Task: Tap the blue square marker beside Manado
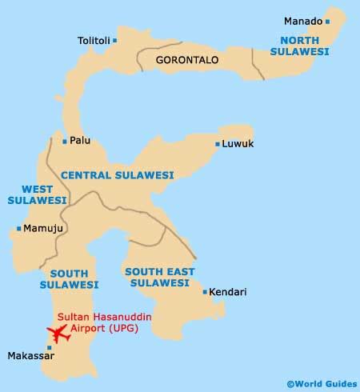click(326, 21)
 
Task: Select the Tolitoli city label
click(94, 39)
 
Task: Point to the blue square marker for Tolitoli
click(115, 39)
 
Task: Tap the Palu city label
click(80, 141)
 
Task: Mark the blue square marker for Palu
click(65, 142)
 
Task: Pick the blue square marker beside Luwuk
click(218, 144)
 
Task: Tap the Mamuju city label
click(40, 228)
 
